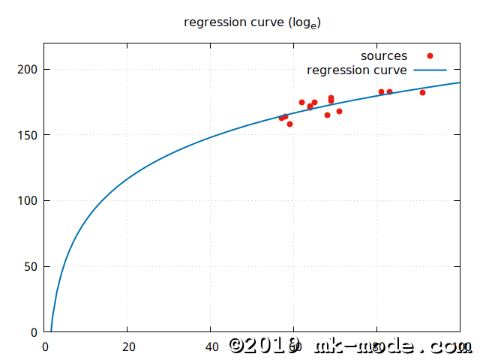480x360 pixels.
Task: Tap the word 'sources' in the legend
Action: pos(384,56)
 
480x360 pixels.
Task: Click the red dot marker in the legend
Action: pos(430,55)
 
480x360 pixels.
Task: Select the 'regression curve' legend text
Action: pos(357,70)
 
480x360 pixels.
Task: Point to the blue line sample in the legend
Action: pos(430,70)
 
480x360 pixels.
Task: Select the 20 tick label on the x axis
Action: pos(128,346)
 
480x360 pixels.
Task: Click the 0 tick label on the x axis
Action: pos(45,346)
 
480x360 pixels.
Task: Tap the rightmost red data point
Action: pos(422,92)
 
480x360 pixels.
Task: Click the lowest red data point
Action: pos(289,124)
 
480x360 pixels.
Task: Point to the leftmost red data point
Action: pos(281,118)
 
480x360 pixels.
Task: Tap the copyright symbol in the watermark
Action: pos(238,345)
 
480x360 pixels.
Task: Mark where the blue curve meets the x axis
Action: pos(51,331)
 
